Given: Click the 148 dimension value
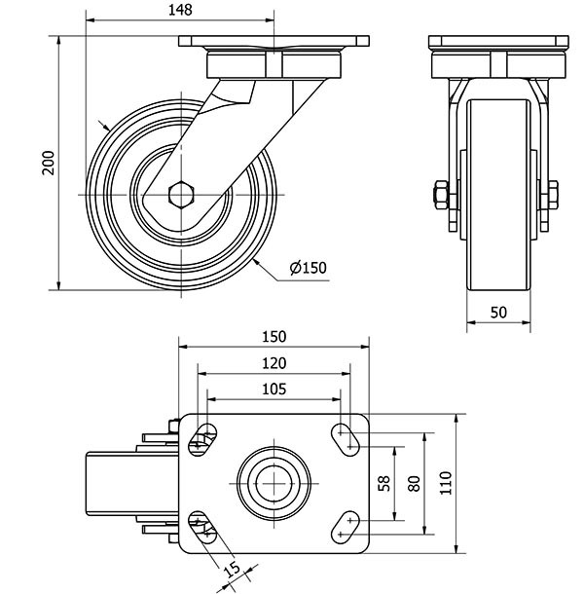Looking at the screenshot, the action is click(180, 10).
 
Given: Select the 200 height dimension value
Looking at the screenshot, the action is click(49, 163).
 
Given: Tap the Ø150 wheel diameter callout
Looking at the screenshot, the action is click(308, 268).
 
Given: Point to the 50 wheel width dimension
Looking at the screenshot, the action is click(498, 313).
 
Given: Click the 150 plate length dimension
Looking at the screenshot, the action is click(274, 336).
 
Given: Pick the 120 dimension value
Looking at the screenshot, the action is click(274, 363).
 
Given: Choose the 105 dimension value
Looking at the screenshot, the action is click(274, 390).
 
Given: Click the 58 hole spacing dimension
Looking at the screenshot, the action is click(383, 483).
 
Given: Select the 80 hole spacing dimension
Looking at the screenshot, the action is click(415, 483).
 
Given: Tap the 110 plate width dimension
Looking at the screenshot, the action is click(446, 483).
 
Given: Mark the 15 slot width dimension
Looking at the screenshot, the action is click(233, 569).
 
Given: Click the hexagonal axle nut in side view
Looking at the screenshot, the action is click(181, 195).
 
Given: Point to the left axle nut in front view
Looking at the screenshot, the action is click(441, 195).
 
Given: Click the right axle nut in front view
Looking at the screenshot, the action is click(553, 195).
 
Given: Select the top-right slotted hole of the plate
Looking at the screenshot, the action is click(345, 439).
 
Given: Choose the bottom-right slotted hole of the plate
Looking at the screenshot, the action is click(345, 527).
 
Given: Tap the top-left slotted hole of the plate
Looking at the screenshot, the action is click(202, 439).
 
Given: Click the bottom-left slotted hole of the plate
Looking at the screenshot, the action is click(202, 527).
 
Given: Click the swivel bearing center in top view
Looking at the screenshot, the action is click(274, 483).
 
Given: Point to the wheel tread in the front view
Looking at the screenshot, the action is click(498, 195).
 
